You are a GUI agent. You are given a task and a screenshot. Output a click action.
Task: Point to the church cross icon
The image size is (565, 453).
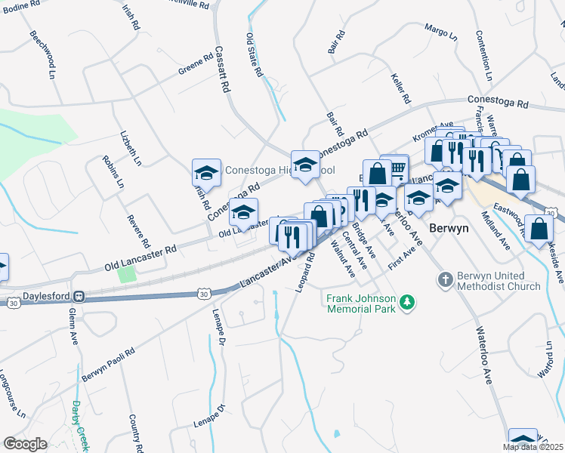tap(445, 280)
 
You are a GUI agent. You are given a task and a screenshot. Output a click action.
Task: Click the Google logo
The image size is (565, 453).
tap(25, 444)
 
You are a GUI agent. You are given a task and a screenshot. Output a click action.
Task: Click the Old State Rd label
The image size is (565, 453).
tap(254, 54)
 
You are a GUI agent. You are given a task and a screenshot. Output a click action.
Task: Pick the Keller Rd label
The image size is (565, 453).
tap(400, 88)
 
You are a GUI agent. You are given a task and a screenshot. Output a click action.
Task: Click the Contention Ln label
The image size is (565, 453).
tap(483, 55)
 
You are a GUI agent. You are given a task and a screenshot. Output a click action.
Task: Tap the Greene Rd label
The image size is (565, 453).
tap(196, 65)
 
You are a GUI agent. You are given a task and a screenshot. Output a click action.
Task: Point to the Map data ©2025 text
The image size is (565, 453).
tap(533, 447)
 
